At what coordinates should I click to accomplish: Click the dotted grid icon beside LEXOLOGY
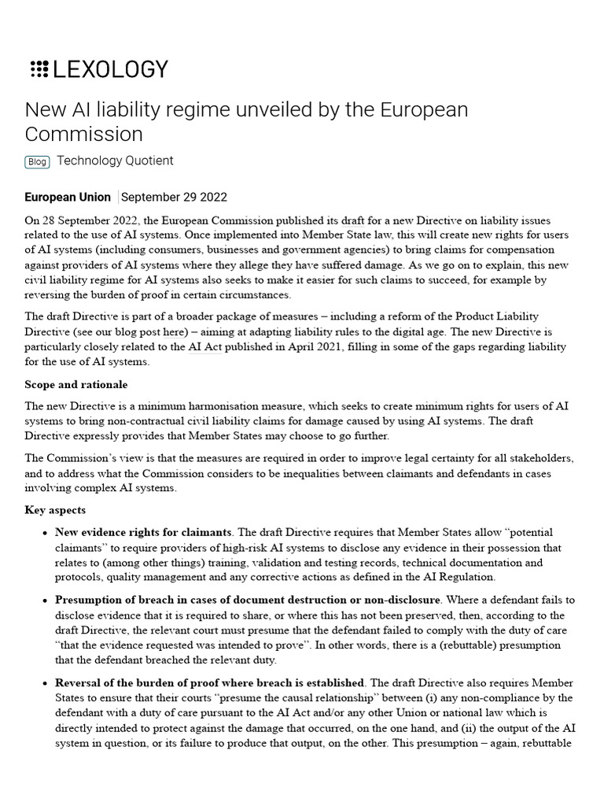(39, 69)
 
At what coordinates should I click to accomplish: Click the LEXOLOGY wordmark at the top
(110, 69)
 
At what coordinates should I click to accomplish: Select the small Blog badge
(37, 161)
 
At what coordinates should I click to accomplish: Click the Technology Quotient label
(115, 161)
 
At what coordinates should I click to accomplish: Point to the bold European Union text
(68, 197)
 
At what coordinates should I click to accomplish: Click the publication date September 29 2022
(174, 197)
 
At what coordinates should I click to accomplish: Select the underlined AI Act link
(205, 347)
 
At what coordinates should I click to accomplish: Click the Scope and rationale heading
(76, 385)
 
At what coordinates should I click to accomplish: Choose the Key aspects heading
(56, 510)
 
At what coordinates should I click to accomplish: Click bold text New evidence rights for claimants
(143, 533)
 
